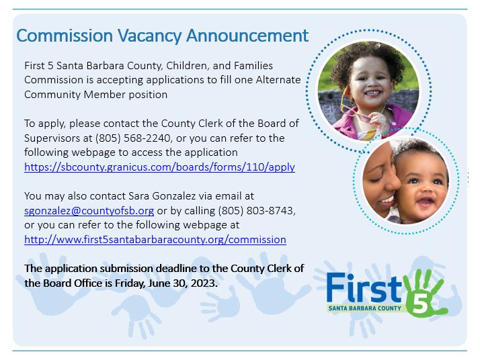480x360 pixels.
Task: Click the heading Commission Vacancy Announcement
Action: pyautogui.click(x=162, y=36)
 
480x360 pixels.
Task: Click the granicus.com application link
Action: pyautogui.click(x=159, y=167)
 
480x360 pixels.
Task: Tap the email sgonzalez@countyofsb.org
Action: pyautogui.click(x=89, y=210)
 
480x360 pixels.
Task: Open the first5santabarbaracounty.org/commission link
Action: pyautogui.click(x=155, y=239)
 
